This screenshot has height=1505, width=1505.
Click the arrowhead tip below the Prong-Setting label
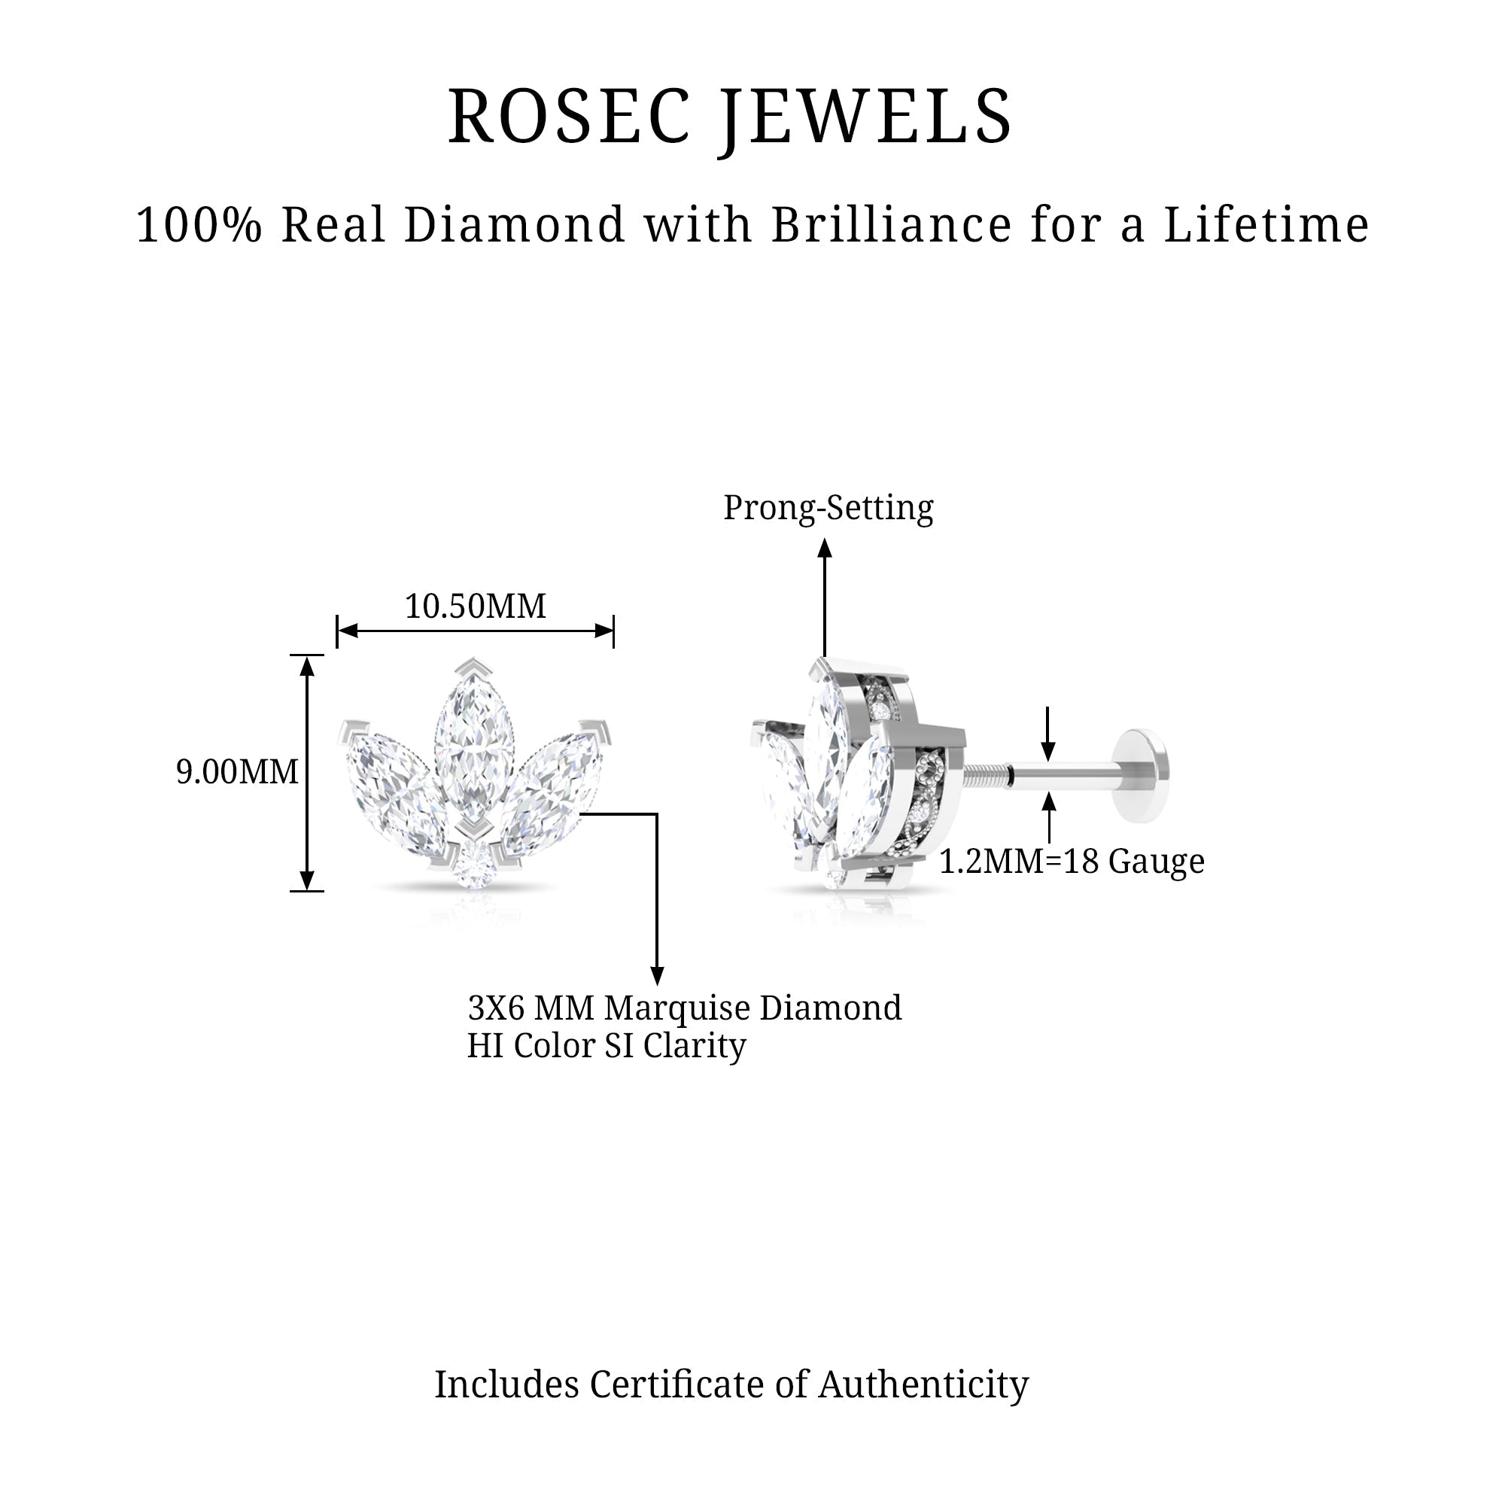(825, 539)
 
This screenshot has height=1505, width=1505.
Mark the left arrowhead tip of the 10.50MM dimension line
(338, 631)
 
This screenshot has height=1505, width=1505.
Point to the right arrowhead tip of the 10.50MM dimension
(613, 631)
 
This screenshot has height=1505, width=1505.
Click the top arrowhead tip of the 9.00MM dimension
(307, 656)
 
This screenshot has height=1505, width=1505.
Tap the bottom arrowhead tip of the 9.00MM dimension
(307, 889)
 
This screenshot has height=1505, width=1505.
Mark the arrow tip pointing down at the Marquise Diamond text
(657, 986)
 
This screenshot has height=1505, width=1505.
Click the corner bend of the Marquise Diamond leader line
(657, 814)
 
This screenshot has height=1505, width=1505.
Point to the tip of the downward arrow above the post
(1048, 760)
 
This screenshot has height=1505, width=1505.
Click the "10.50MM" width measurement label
(475, 606)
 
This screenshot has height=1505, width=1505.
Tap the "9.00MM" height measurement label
(238, 772)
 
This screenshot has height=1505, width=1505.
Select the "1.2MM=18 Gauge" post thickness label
(1072, 862)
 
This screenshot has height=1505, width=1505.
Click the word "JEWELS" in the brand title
(865, 117)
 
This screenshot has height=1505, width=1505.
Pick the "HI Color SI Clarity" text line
(607, 1045)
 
